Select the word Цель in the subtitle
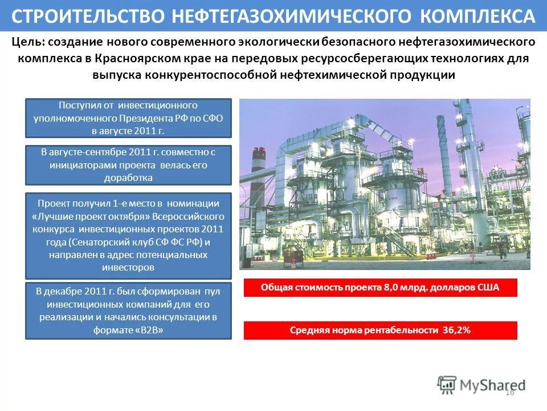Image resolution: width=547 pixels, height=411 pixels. coord(27,42)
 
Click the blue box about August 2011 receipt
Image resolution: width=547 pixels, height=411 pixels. coord(128,118)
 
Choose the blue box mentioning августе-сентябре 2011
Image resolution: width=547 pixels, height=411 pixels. coord(128,165)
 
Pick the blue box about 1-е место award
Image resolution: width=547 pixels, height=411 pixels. coord(128,235)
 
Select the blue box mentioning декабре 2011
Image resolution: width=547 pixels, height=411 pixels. coord(128,311)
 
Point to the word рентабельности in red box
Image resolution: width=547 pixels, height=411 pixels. coord(402,331)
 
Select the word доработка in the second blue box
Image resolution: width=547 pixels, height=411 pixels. coord(128,178)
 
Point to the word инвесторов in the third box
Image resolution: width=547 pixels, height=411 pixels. coord(128,267)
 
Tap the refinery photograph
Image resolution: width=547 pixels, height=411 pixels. coord(385,184)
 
